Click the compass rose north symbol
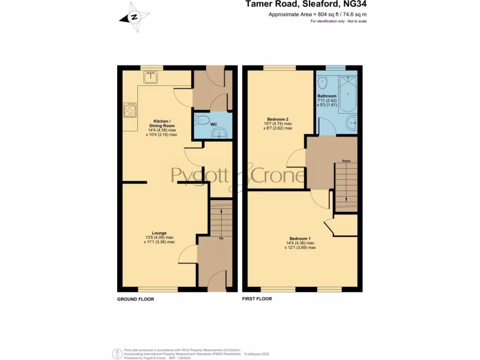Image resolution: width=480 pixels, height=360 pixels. [135, 18]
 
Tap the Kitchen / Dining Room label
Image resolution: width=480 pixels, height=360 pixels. [162, 123]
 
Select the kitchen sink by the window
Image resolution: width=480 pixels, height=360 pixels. [151, 77]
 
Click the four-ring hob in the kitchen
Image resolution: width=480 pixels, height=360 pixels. [129, 110]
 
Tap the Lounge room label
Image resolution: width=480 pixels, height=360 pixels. [159, 232]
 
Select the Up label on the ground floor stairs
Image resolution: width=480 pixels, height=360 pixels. [221, 238]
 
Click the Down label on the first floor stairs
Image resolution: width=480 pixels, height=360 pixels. [346, 161]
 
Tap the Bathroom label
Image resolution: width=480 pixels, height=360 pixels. [327, 96]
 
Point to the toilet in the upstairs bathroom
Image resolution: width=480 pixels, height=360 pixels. [323, 83]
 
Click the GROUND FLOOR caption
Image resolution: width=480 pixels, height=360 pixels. [135, 299]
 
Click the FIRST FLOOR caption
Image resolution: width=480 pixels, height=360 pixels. [257, 299]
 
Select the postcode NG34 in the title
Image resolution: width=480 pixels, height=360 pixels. [355, 5]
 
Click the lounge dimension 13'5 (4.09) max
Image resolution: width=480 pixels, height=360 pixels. [159, 237]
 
